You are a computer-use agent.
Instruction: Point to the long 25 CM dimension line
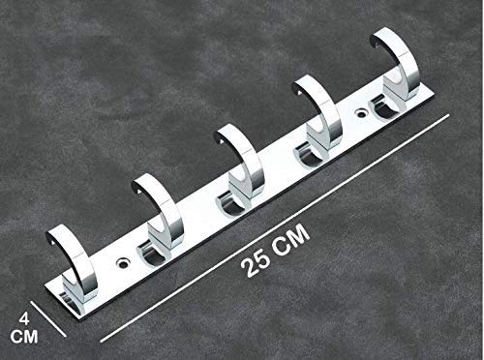[x=271, y=227]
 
